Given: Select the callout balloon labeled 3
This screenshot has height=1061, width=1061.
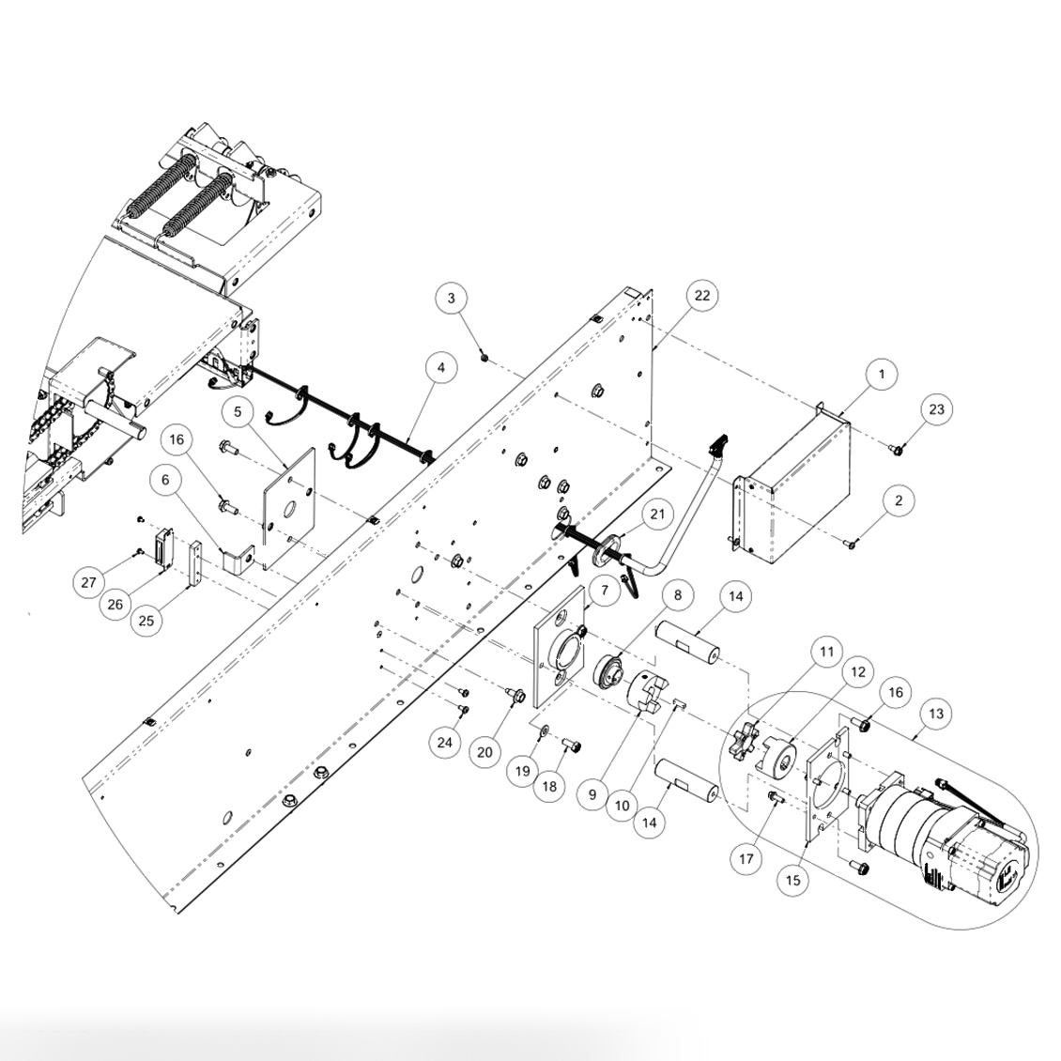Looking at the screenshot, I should click(x=452, y=299).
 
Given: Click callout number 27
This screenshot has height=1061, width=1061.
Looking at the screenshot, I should click(x=89, y=583).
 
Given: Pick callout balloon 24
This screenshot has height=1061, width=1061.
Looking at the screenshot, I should click(x=445, y=743).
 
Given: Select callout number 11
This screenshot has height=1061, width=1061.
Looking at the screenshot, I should click(x=825, y=650).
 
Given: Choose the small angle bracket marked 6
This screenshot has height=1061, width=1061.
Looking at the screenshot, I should click(x=238, y=555).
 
